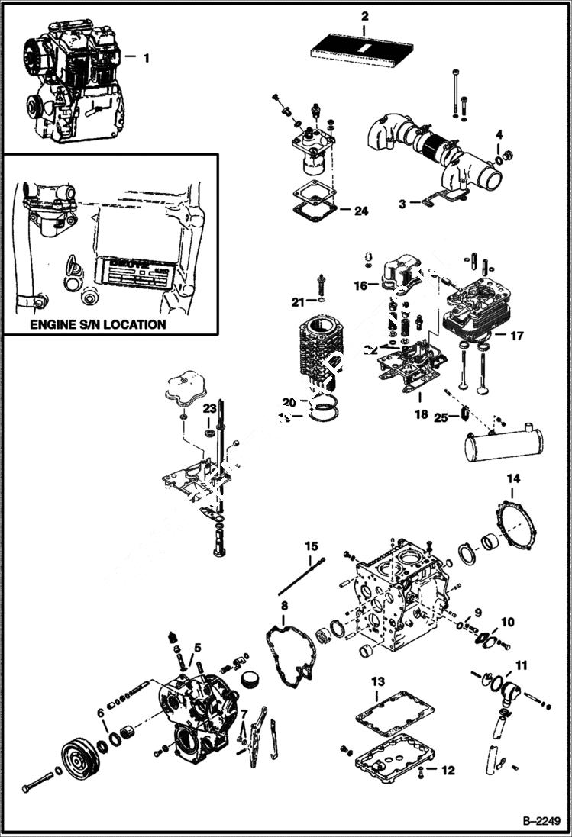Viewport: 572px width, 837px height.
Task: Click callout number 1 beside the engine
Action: (147, 56)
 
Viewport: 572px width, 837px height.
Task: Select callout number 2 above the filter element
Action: (364, 16)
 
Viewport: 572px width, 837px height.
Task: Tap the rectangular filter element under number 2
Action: (364, 48)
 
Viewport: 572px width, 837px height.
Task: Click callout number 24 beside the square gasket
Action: (360, 211)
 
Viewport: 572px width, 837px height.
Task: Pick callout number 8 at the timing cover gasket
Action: (284, 606)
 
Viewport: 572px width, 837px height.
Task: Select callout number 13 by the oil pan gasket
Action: (376, 681)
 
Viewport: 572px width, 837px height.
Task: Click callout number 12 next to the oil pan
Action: (447, 771)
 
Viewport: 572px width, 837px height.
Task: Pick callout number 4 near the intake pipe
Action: (498, 134)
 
